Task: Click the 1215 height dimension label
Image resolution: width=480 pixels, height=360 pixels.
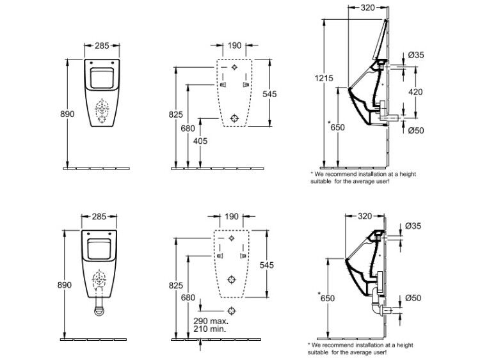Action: click(324, 78)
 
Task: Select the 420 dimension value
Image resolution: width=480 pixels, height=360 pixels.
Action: click(415, 92)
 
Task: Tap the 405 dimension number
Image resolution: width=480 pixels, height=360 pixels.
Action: click(200, 141)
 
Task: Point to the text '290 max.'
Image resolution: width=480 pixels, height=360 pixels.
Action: click(211, 321)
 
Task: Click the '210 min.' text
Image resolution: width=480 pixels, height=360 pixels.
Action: click(210, 329)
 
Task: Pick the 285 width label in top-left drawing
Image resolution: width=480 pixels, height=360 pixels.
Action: click(102, 45)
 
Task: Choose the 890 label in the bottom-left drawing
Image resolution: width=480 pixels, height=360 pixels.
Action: click(65, 285)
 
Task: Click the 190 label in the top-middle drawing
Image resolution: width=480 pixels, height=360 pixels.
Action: click(234, 45)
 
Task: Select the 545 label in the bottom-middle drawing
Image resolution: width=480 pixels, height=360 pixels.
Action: click(267, 265)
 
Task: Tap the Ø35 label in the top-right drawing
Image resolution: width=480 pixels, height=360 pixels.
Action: click(416, 55)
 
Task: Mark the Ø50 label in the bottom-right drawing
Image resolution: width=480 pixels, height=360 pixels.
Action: click(413, 298)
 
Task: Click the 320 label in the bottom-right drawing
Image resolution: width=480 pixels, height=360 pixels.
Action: click(365, 216)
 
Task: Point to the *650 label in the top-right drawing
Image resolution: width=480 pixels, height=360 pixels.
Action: click(336, 127)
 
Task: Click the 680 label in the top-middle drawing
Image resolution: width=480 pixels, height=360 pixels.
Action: click(188, 129)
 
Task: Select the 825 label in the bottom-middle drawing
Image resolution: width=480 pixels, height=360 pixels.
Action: click(176, 285)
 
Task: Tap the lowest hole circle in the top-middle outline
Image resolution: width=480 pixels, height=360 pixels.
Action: click(234, 118)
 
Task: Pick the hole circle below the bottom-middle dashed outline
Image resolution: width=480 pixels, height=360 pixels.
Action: click(232, 311)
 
